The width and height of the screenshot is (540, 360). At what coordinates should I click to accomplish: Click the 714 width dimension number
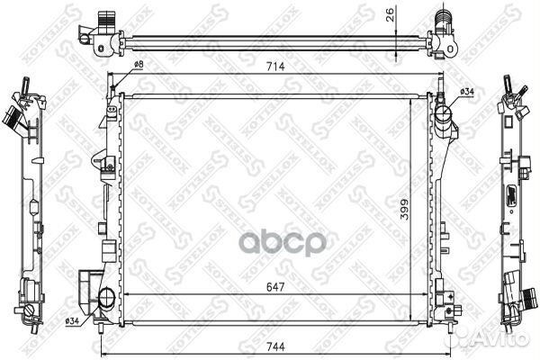[x=276, y=66]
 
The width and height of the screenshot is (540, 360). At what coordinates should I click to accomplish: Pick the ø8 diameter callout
[x=139, y=65]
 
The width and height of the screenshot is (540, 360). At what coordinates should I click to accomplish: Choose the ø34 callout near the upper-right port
[x=467, y=92]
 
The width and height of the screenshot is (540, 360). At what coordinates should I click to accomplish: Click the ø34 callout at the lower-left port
[x=72, y=320]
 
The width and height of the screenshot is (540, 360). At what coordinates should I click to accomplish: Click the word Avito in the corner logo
[x=509, y=337]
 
